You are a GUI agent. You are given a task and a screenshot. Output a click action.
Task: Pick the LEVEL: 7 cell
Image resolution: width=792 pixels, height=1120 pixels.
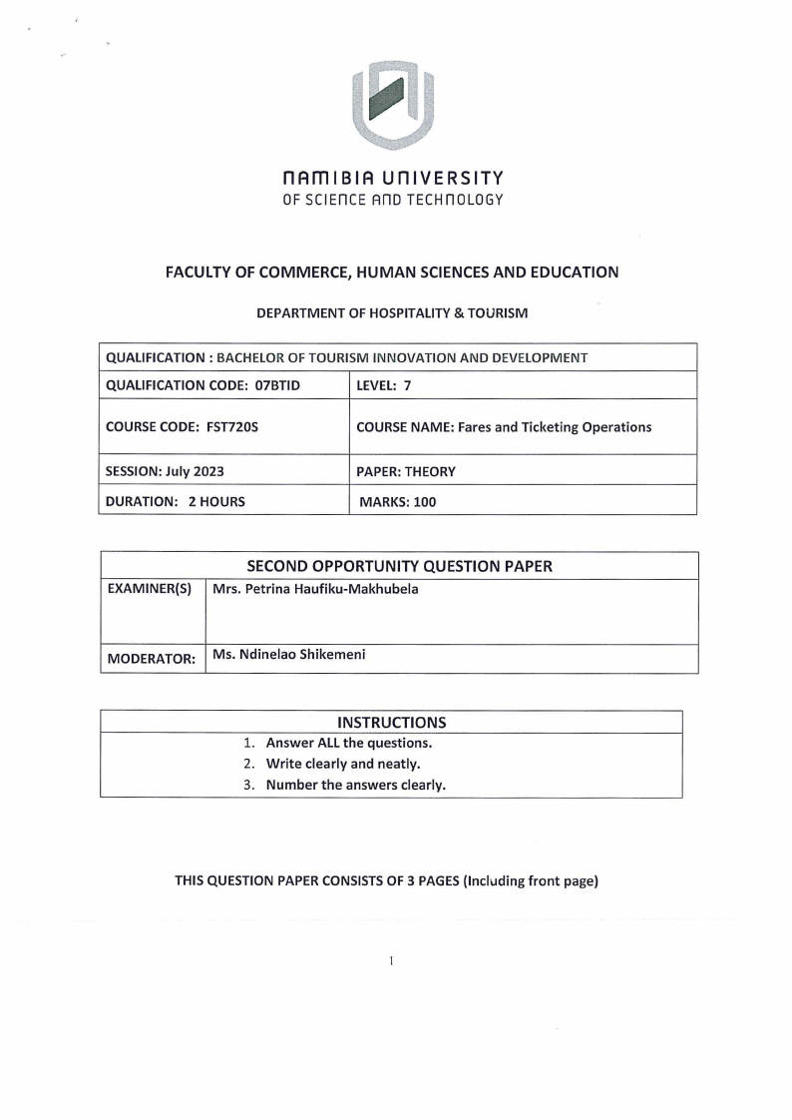tap(384, 385)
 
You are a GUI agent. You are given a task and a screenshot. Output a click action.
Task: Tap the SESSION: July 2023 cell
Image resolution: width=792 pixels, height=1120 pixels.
tap(168, 470)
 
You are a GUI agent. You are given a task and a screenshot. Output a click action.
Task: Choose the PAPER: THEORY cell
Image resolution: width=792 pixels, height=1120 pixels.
tap(406, 470)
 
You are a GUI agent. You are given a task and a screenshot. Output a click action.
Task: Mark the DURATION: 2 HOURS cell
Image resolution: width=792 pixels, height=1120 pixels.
tap(175, 502)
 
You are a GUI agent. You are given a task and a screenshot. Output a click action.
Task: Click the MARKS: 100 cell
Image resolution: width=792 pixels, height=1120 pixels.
tap(397, 502)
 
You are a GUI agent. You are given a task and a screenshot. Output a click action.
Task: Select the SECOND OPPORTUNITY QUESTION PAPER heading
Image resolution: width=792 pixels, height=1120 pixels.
tap(399, 566)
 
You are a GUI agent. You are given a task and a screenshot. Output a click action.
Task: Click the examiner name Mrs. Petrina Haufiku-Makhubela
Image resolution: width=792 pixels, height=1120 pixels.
tap(315, 589)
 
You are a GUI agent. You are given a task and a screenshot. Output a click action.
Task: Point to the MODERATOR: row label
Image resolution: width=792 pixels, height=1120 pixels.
tap(151, 660)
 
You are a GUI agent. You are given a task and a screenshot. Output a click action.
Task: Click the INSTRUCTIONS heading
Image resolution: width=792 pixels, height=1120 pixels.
tap(391, 722)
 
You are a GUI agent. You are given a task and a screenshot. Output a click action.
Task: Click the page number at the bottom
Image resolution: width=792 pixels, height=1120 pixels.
tap(392, 961)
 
